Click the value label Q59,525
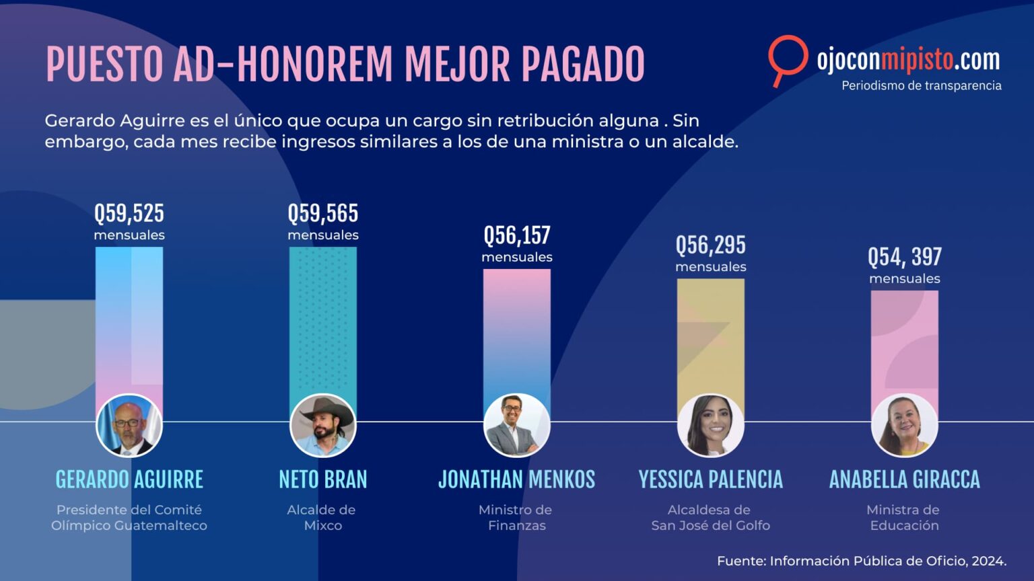click(129, 213)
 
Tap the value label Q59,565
click(323, 213)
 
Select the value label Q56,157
click(517, 235)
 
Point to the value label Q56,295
click(711, 245)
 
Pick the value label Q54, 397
click(905, 258)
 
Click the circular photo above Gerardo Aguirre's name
click(129, 426)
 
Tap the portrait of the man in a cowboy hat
click(323, 426)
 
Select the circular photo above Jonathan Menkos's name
click(517, 426)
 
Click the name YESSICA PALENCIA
click(711, 479)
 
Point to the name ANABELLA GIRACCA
click(905, 479)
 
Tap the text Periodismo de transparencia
click(922, 86)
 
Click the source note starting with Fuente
click(862, 561)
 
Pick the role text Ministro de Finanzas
click(516, 518)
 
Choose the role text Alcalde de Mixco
click(322, 518)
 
